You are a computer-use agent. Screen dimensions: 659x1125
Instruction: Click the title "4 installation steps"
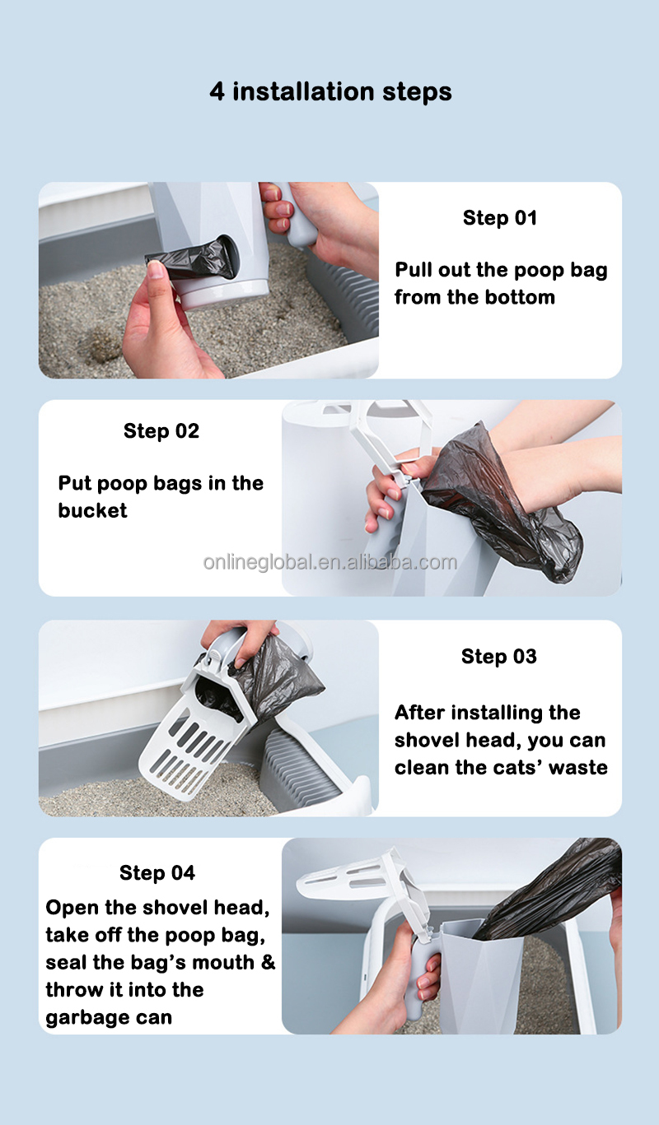coord(330,91)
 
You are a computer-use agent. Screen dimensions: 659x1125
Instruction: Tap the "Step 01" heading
coord(500,218)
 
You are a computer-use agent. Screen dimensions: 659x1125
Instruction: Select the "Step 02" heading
coord(161,431)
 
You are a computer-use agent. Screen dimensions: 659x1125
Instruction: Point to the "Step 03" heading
coord(499,657)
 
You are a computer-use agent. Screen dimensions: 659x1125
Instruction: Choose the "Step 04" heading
coord(157,872)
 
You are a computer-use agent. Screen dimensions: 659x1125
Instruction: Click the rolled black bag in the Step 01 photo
coord(194,259)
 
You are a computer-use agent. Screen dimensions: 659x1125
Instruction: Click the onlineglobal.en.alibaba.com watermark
coord(330,563)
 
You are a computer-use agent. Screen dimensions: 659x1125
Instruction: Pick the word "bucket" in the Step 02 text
coord(92,511)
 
